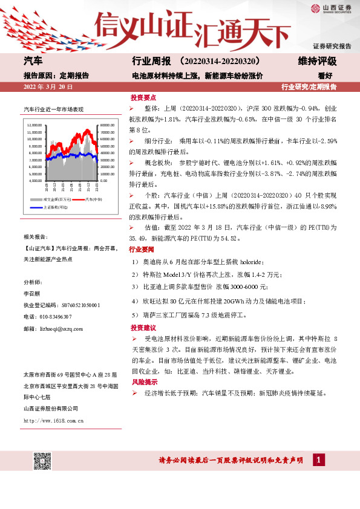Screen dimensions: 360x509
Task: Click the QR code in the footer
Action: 42,460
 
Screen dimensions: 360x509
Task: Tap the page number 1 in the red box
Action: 316,461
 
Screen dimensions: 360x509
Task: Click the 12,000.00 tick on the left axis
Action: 34,125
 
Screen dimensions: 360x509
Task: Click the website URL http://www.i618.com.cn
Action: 53,420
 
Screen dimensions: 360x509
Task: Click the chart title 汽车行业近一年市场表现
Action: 53,109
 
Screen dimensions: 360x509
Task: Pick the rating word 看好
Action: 326,76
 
